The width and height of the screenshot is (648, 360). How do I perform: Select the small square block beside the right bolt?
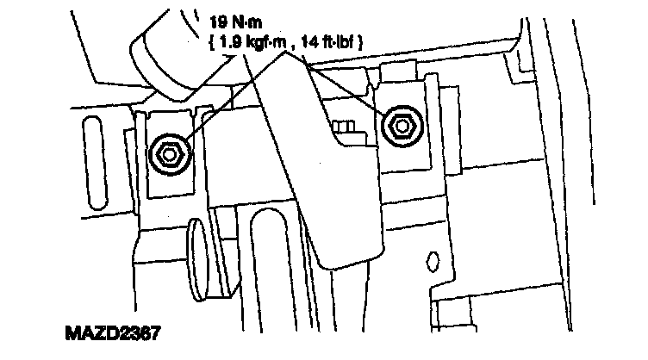tap(345, 128)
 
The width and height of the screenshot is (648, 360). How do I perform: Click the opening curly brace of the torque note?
tap(211, 40)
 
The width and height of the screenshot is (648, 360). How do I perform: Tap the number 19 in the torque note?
tap(218, 19)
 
